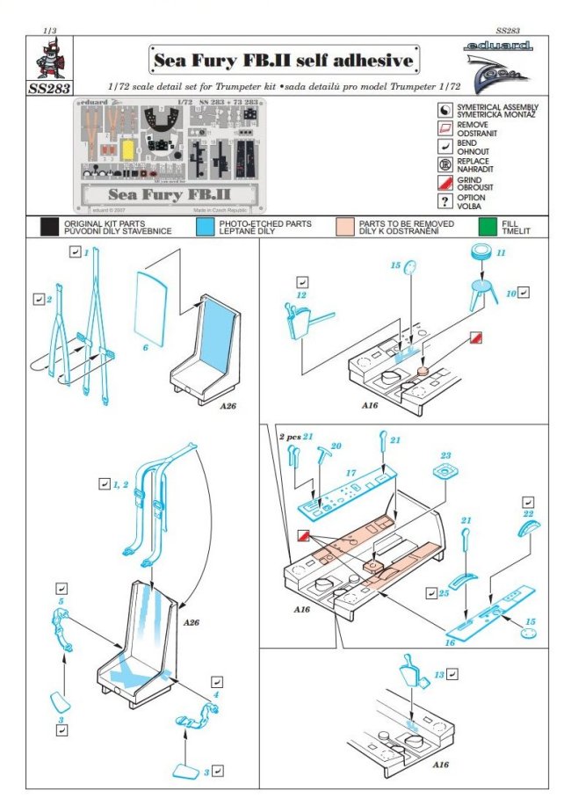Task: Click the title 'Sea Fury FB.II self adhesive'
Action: pyautogui.click(x=283, y=61)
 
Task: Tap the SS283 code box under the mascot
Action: pyautogui.click(x=51, y=89)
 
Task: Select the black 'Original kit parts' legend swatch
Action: pyautogui.click(x=49, y=227)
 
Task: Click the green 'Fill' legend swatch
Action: pyautogui.click(x=488, y=227)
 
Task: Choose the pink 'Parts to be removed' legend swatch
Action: pyautogui.click(x=344, y=227)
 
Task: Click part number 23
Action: pyautogui.click(x=445, y=456)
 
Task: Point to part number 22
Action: pyautogui.click(x=528, y=513)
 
